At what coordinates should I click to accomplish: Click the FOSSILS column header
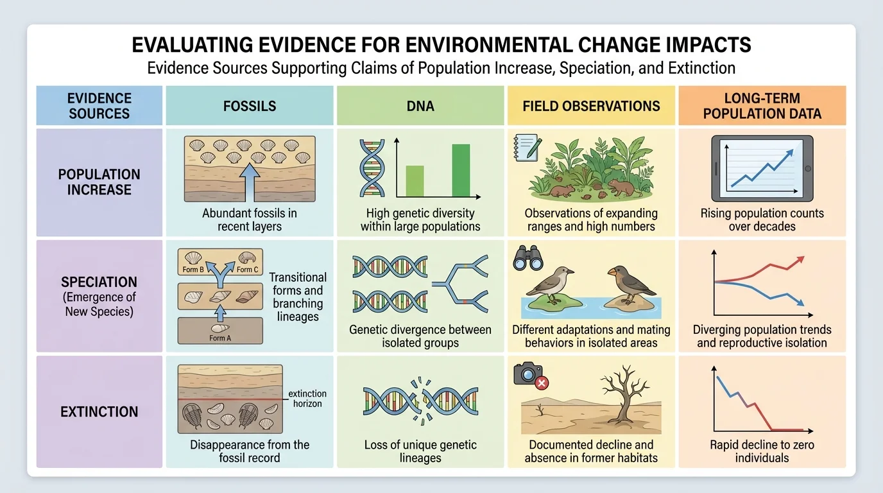pos(250,106)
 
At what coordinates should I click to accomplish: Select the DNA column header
pos(420,106)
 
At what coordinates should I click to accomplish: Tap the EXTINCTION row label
pos(99,411)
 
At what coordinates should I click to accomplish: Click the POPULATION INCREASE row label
pos(99,182)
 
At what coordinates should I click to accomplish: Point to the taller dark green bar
pos(461,170)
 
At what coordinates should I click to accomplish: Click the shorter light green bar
pos(415,180)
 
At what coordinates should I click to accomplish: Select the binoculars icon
pos(529,258)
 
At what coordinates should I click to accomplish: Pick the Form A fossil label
pos(219,338)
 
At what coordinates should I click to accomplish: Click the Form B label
pos(193,270)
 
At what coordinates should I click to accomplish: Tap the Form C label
pos(247,270)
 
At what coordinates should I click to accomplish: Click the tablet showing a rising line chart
pos(762,168)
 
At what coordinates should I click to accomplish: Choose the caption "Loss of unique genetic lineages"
pos(420,451)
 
